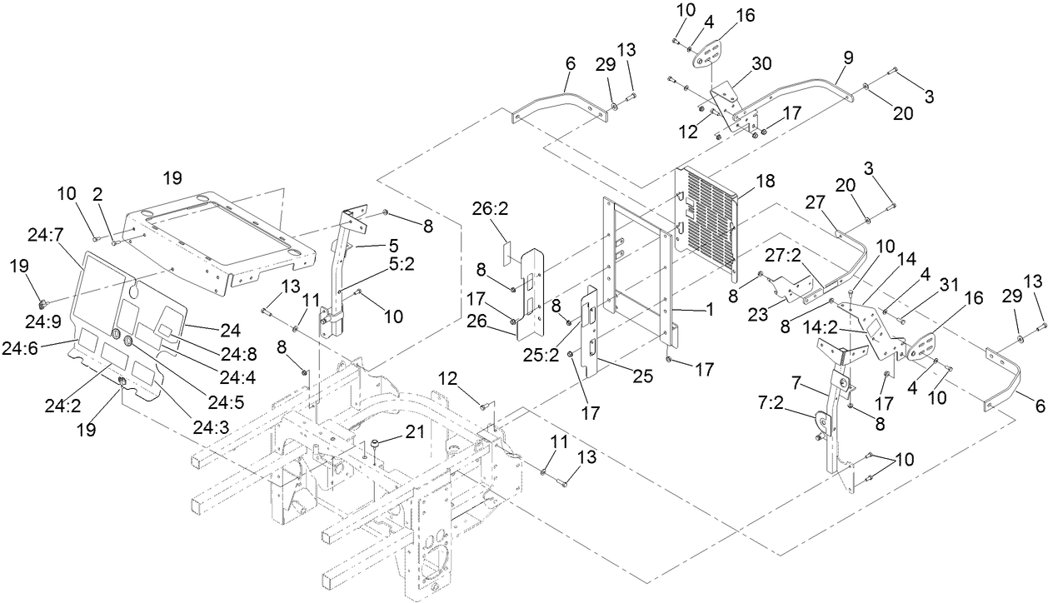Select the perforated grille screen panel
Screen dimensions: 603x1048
coord(706,219)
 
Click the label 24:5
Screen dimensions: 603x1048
coord(225,402)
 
